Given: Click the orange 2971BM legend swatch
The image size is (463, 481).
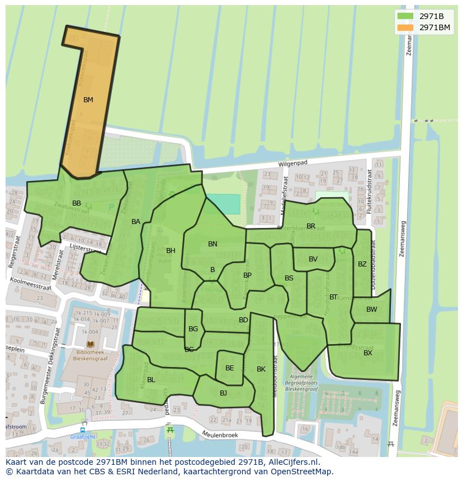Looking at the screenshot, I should pos(405,27).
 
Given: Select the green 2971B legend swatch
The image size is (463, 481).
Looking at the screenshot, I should pos(405,16).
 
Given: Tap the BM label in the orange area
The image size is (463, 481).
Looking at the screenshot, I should pos(88,100).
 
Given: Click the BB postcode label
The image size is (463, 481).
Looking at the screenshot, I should pos(77,203).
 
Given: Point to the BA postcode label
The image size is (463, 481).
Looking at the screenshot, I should pos(136,222).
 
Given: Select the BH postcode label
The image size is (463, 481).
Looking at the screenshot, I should pos(171,251).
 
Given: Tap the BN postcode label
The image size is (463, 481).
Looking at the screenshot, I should pos(212,244).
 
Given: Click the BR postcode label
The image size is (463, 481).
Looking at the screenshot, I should pos(311,226).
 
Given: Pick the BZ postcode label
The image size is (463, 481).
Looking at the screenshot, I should pos(362,264).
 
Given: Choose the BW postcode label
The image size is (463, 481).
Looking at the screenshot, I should pos(372,309).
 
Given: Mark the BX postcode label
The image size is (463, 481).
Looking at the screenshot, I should pos(368,353).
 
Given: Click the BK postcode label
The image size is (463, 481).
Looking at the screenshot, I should pos(261,369).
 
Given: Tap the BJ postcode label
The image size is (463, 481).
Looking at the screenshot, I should pos(223,393).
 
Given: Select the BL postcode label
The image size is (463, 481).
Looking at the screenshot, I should pos(151,380).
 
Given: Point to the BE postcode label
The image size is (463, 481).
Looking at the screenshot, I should pos(230,368).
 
